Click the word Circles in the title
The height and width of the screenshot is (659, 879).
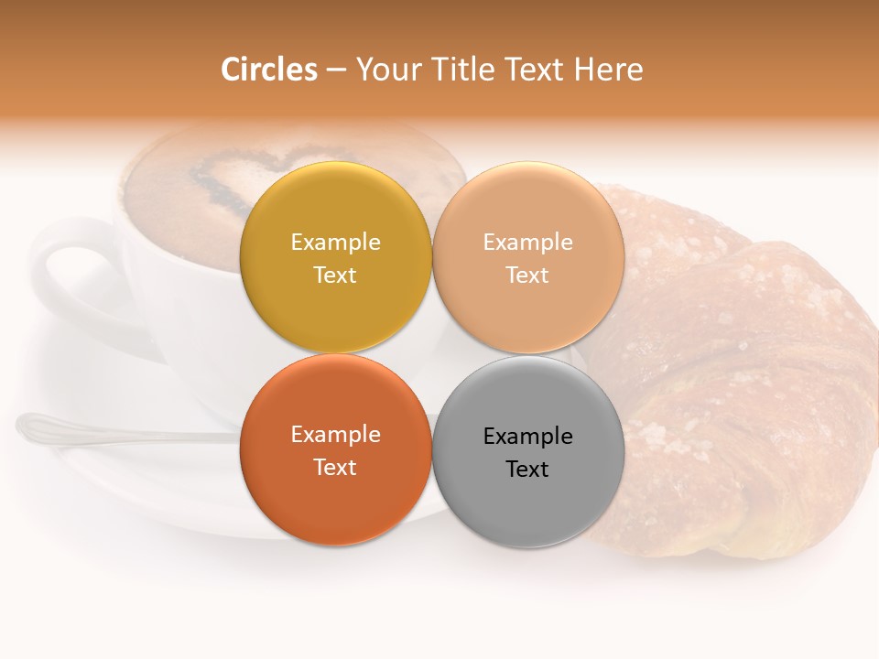pyautogui.click(x=269, y=70)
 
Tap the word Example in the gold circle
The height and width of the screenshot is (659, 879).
pyautogui.click(x=335, y=243)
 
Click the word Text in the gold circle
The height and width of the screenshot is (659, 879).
pyautogui.click(x=335, y=275)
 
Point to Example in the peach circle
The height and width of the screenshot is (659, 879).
pyautogui.click(x=528, y=243)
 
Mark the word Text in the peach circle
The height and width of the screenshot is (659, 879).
pyautogui.click(x=528, y=275)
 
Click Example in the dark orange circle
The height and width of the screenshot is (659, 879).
pyautogui.click(x=335, y=435)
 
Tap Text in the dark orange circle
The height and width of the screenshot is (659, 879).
pyautogui.click(x=335, y=468)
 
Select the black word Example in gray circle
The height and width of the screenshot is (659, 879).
pyautogui.click(x=528, y=437)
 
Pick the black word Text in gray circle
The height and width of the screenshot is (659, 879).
pyautogui.click(x=528, y=470)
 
